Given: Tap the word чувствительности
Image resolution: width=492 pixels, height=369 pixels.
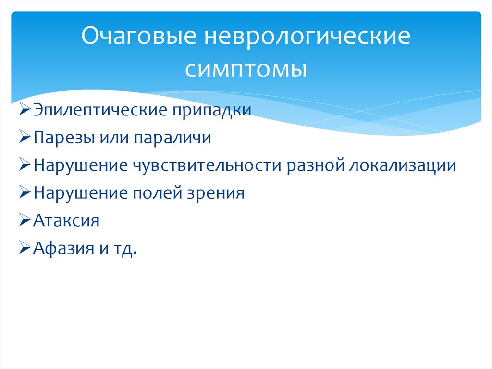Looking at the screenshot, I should pos(207,166).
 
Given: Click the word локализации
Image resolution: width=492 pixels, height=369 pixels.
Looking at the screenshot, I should pos(403,166).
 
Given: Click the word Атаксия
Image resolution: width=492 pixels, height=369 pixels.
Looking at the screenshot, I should pos(67,221).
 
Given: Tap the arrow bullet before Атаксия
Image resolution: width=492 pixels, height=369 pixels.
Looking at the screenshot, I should pos(26,221).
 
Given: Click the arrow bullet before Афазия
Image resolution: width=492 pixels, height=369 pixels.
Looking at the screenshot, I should pos(26,249).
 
